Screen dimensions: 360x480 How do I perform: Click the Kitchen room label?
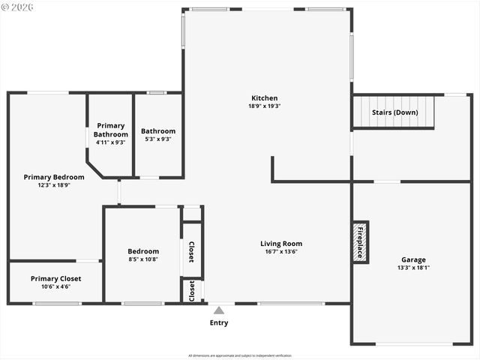pos(264,98)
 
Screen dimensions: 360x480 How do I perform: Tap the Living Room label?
pos(281,244)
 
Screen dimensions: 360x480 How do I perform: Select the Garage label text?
pos(413,259)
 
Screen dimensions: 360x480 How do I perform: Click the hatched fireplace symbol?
pos(359,242)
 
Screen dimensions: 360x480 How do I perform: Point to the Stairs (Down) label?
pos(394,112)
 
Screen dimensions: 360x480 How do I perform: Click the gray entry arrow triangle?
pos(219,310)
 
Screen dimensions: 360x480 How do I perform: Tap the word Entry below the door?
pos(219,323)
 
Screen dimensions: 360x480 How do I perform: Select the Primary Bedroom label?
pos(54,178)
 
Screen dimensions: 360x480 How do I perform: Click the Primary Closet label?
pos(56,278)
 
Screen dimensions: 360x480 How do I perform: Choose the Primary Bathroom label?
pos(111,130)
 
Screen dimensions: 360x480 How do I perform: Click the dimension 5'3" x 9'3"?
pos(158,139)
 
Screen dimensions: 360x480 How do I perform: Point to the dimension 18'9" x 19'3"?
pos(264,106)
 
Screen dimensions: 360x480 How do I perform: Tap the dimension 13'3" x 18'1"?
pos(413,268)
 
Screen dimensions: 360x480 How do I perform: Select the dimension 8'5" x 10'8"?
pos(143,259)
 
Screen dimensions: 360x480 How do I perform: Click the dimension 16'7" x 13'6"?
pos(281,252)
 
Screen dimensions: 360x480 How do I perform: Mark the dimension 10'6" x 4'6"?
pos(56,286)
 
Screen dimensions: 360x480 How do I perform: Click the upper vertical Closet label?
pos(191,252)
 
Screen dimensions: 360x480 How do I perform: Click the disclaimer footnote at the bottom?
pos(240,355)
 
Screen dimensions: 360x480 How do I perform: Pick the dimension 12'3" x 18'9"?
pos(54,185)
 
